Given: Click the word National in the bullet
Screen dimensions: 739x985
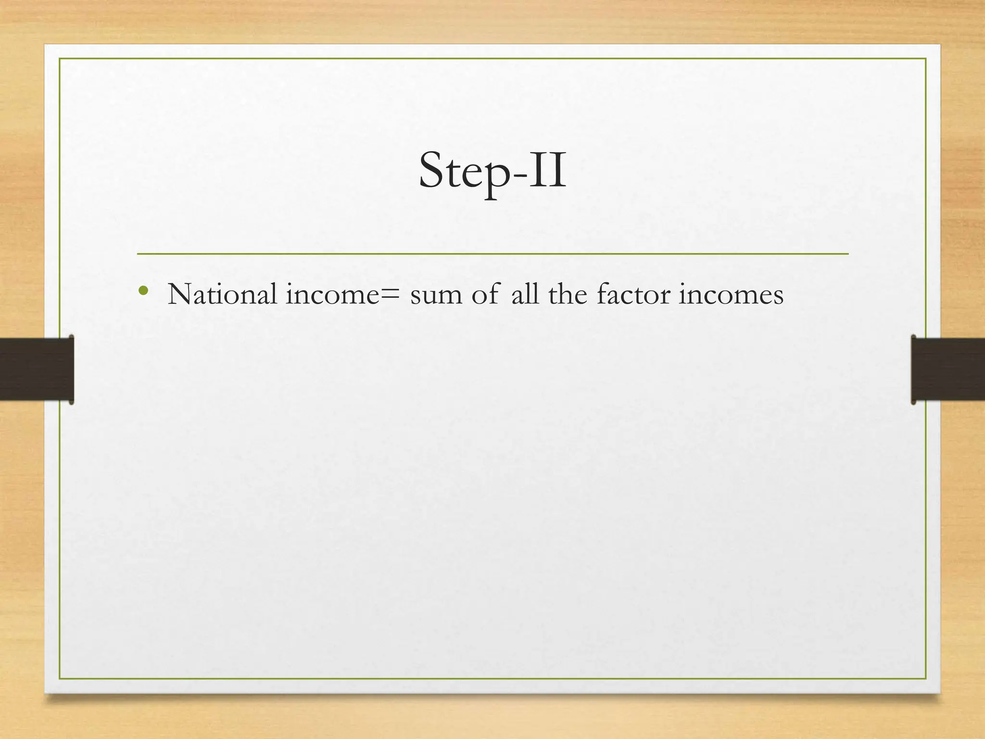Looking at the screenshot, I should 222,293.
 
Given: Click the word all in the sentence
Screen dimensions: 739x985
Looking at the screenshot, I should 525,293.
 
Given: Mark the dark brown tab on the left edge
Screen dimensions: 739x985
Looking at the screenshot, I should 37,369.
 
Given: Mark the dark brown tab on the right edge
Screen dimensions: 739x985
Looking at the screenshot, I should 947,369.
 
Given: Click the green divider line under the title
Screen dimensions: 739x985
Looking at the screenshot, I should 492,254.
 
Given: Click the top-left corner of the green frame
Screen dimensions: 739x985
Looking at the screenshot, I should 60,59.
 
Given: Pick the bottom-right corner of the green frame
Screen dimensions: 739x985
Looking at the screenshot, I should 925,678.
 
